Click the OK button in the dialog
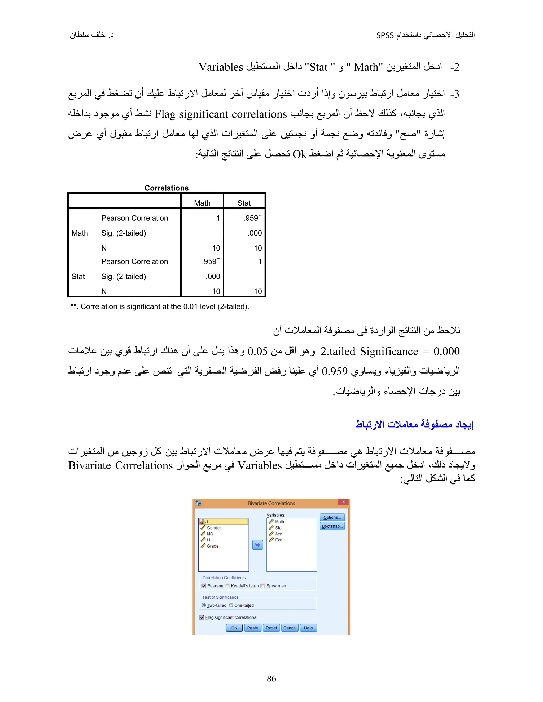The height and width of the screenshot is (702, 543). [x=234, y=628]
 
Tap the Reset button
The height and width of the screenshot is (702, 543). [x=271, y=628]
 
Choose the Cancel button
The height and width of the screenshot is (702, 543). [x=290, y=628]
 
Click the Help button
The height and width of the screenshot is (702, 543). [x=308, y=628]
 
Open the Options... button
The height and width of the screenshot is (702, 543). [x=332, y=517]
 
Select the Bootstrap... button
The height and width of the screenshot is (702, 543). [x=332, y=526]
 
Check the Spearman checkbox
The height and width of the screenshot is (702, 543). [x=263, y=586]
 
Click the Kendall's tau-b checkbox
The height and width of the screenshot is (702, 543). [x=227, y=586]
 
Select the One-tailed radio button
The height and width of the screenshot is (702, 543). [x=231, y=605]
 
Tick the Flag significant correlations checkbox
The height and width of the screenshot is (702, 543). [x=202, y=617]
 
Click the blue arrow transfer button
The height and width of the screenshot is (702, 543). [x=258, y=545]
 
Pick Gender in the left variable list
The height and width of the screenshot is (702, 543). [x=214, y=528]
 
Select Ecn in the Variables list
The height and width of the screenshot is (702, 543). [x=279, y=540]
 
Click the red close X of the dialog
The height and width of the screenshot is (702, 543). [x=343, y=502]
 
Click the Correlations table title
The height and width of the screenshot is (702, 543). [x=166, y=188]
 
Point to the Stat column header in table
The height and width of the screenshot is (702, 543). [x=244, y=203]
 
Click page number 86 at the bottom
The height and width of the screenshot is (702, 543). [x=271, y=678]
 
